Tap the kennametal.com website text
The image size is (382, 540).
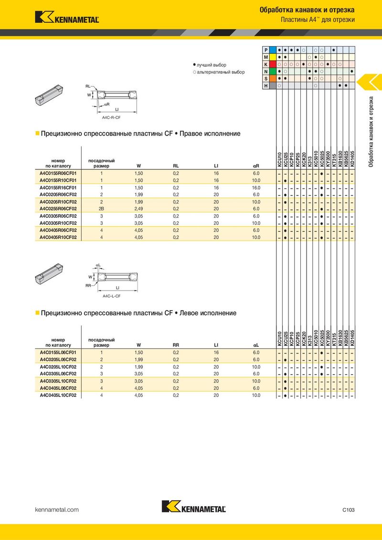point(57,509)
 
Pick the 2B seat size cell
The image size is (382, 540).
point(101,208)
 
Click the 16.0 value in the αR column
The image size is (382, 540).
point(256,187)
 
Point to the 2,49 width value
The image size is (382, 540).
point(139,208)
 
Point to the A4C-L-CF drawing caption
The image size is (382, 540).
point(111,296)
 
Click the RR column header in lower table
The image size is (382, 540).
point(176,344)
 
